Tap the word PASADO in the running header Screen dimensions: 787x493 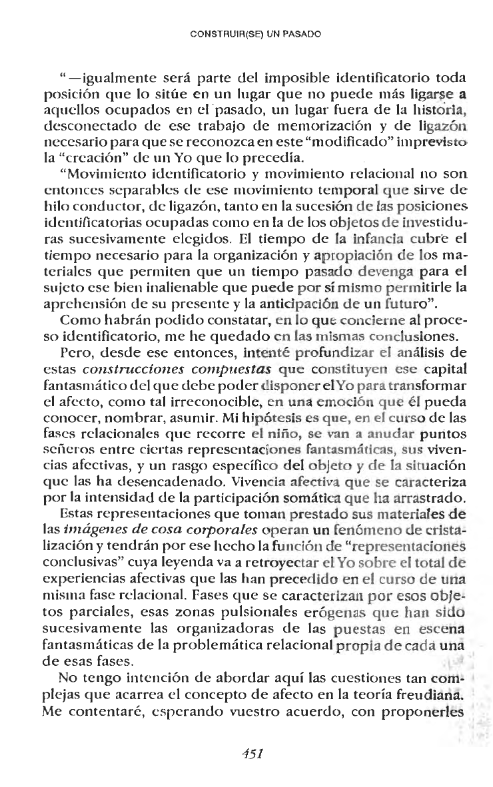(303, 31)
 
